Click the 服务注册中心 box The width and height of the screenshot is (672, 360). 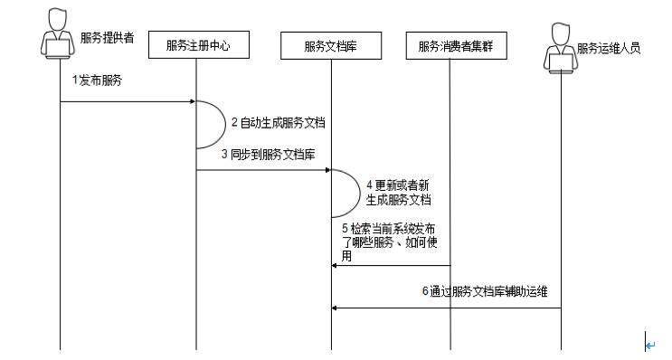click(195, 44)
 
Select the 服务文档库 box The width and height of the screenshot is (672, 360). click(331, 44)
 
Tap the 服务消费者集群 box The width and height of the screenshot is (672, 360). click(450, 44)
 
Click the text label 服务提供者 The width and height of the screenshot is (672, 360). click(107, 37)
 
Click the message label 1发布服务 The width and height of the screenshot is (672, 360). click(98, 81)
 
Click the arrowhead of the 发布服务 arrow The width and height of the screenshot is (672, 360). click(192, 101)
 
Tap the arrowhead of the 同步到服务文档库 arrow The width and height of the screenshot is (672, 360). click(327, 169)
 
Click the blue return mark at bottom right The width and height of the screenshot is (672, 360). click(648, 344)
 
